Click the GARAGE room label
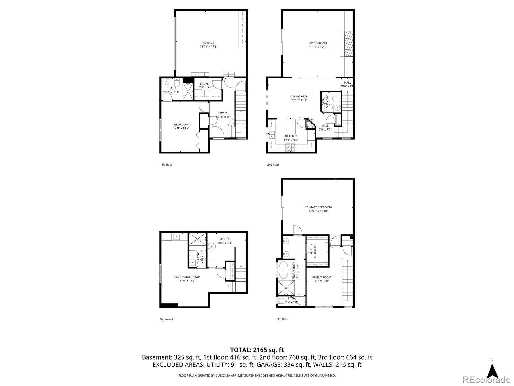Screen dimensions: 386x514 208,43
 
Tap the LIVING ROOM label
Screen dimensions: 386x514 318,43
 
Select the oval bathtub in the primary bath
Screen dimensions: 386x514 284,271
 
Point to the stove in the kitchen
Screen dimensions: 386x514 290,148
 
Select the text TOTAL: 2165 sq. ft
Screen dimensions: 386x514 257,350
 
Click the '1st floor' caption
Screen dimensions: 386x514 167,165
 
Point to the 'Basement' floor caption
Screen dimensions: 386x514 166,319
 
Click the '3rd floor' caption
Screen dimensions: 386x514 283,319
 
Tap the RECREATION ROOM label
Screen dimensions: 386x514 187,277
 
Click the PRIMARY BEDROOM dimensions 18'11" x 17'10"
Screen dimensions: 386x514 318,211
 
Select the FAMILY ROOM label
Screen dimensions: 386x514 321,277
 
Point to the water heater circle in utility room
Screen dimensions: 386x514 211,247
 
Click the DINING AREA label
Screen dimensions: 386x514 299,96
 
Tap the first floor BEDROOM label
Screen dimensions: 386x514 181,124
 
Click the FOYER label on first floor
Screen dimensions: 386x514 223,113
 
